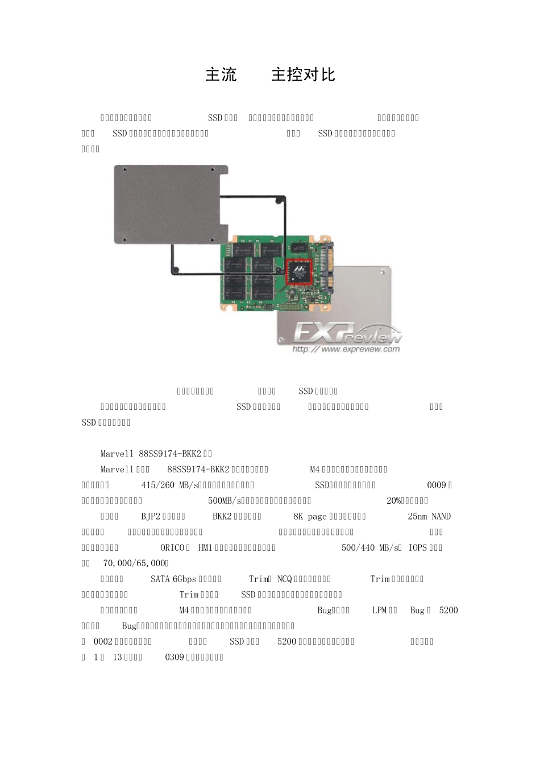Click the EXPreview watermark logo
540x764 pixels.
click(x=347, y=334)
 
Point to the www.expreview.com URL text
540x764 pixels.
click(x=346, y=350)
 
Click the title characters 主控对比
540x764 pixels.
click(x=303, y=74)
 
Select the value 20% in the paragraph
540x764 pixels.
click(x=394, y=501)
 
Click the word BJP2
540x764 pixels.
click(x=151, y=516)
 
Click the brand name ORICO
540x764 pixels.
click(x=173, y=547)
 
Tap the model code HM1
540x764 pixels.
click(x=205, y=547)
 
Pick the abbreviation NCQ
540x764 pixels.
click(x=284, y=579)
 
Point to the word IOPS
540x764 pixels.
click(x=418, y=547)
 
